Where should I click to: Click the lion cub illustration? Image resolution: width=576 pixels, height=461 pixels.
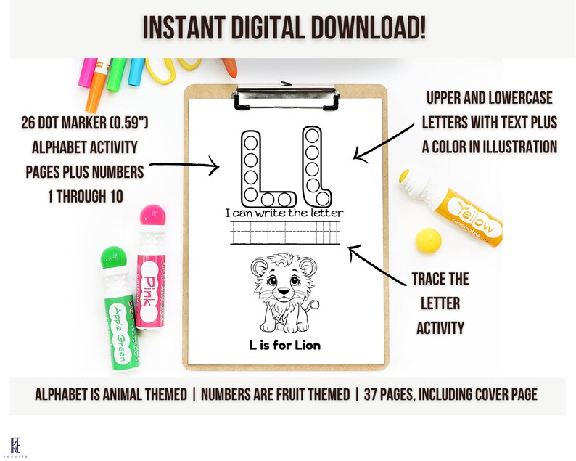(x=281, y=294)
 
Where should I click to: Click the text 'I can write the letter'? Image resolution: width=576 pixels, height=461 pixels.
(x=284, y=213)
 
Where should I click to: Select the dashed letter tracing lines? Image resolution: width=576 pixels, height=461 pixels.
(x=284, y=234)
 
